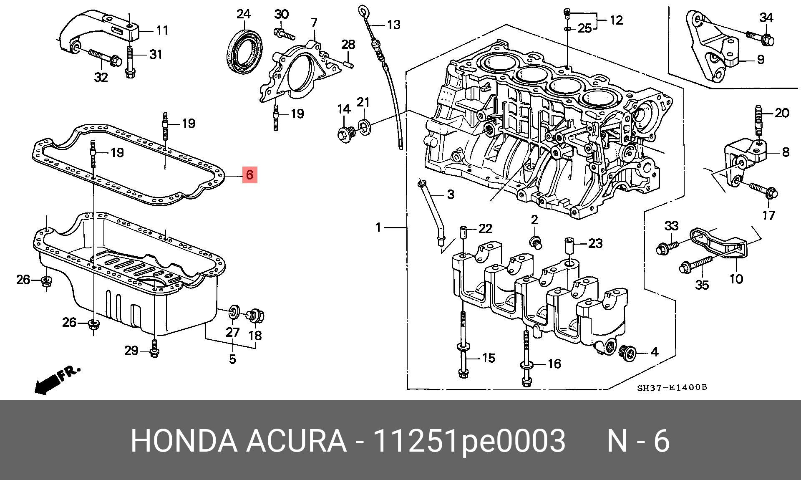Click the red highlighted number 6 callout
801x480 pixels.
tap(249, 174)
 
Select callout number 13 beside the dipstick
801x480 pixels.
tap(393, 25)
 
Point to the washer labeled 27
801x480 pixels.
tap(234, 311)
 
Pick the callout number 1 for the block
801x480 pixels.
tap(378, 228)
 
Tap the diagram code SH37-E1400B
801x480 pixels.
tap(672, 388)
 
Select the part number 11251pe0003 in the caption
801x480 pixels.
tap(469, 441)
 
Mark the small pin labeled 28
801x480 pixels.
tap(348, 64)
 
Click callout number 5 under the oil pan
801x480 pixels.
tap(232, 359)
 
